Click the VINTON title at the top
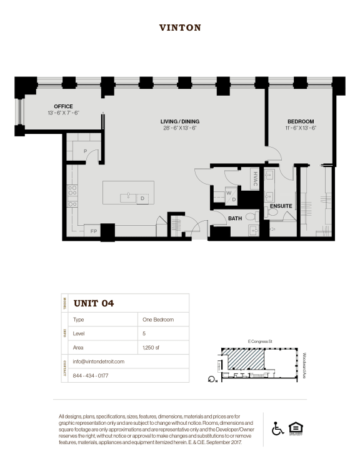(x=180, y=28)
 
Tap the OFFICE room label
(x=63, y=106)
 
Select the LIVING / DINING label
(x=179, y=121)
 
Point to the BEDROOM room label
(x=301, y=121)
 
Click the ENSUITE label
(x=281, y=206)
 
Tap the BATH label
(x=235, y=218)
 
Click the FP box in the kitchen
(x=94, y=231)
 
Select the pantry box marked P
(x=84, y=151)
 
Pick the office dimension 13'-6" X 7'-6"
(x=63, y=113)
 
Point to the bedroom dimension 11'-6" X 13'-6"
(x=301, y=128)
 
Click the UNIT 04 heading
(x=94, y=303)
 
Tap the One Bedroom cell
(x=158, y=320)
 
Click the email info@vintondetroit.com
(x=99, y=362)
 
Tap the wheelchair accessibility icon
(x=277, y=428)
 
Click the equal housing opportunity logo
(x=295, y=428)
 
